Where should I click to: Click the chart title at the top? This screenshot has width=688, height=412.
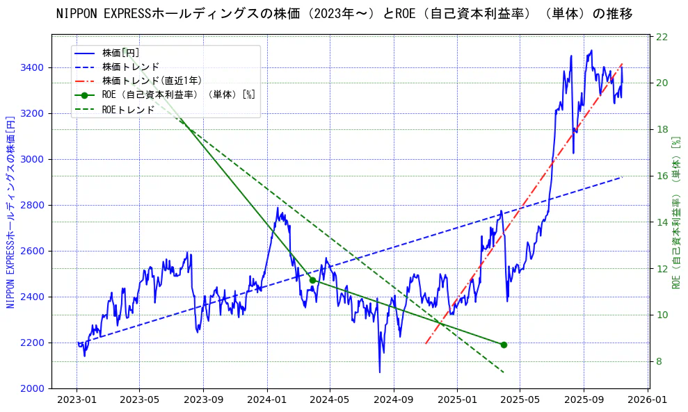[344, 14]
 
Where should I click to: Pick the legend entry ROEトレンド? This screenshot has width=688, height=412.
[128, 109]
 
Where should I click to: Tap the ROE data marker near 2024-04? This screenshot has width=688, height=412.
[312, 280]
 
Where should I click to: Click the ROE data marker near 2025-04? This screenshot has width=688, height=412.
[504, 345]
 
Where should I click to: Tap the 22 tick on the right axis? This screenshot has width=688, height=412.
[662, 37]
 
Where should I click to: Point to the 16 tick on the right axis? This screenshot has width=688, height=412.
[662, 176]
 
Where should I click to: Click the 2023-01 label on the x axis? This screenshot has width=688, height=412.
[77, 400]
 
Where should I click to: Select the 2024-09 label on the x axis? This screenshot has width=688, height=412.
[394, 400]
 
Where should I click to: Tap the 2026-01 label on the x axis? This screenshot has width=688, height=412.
[647, 400]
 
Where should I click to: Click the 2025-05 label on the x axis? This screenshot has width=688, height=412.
[520, 400]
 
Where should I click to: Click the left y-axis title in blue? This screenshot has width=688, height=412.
[10, 212]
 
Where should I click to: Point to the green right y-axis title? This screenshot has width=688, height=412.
[675, 212]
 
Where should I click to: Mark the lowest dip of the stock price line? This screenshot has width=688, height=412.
[380, 372]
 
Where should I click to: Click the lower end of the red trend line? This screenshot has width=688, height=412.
[426, 343]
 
